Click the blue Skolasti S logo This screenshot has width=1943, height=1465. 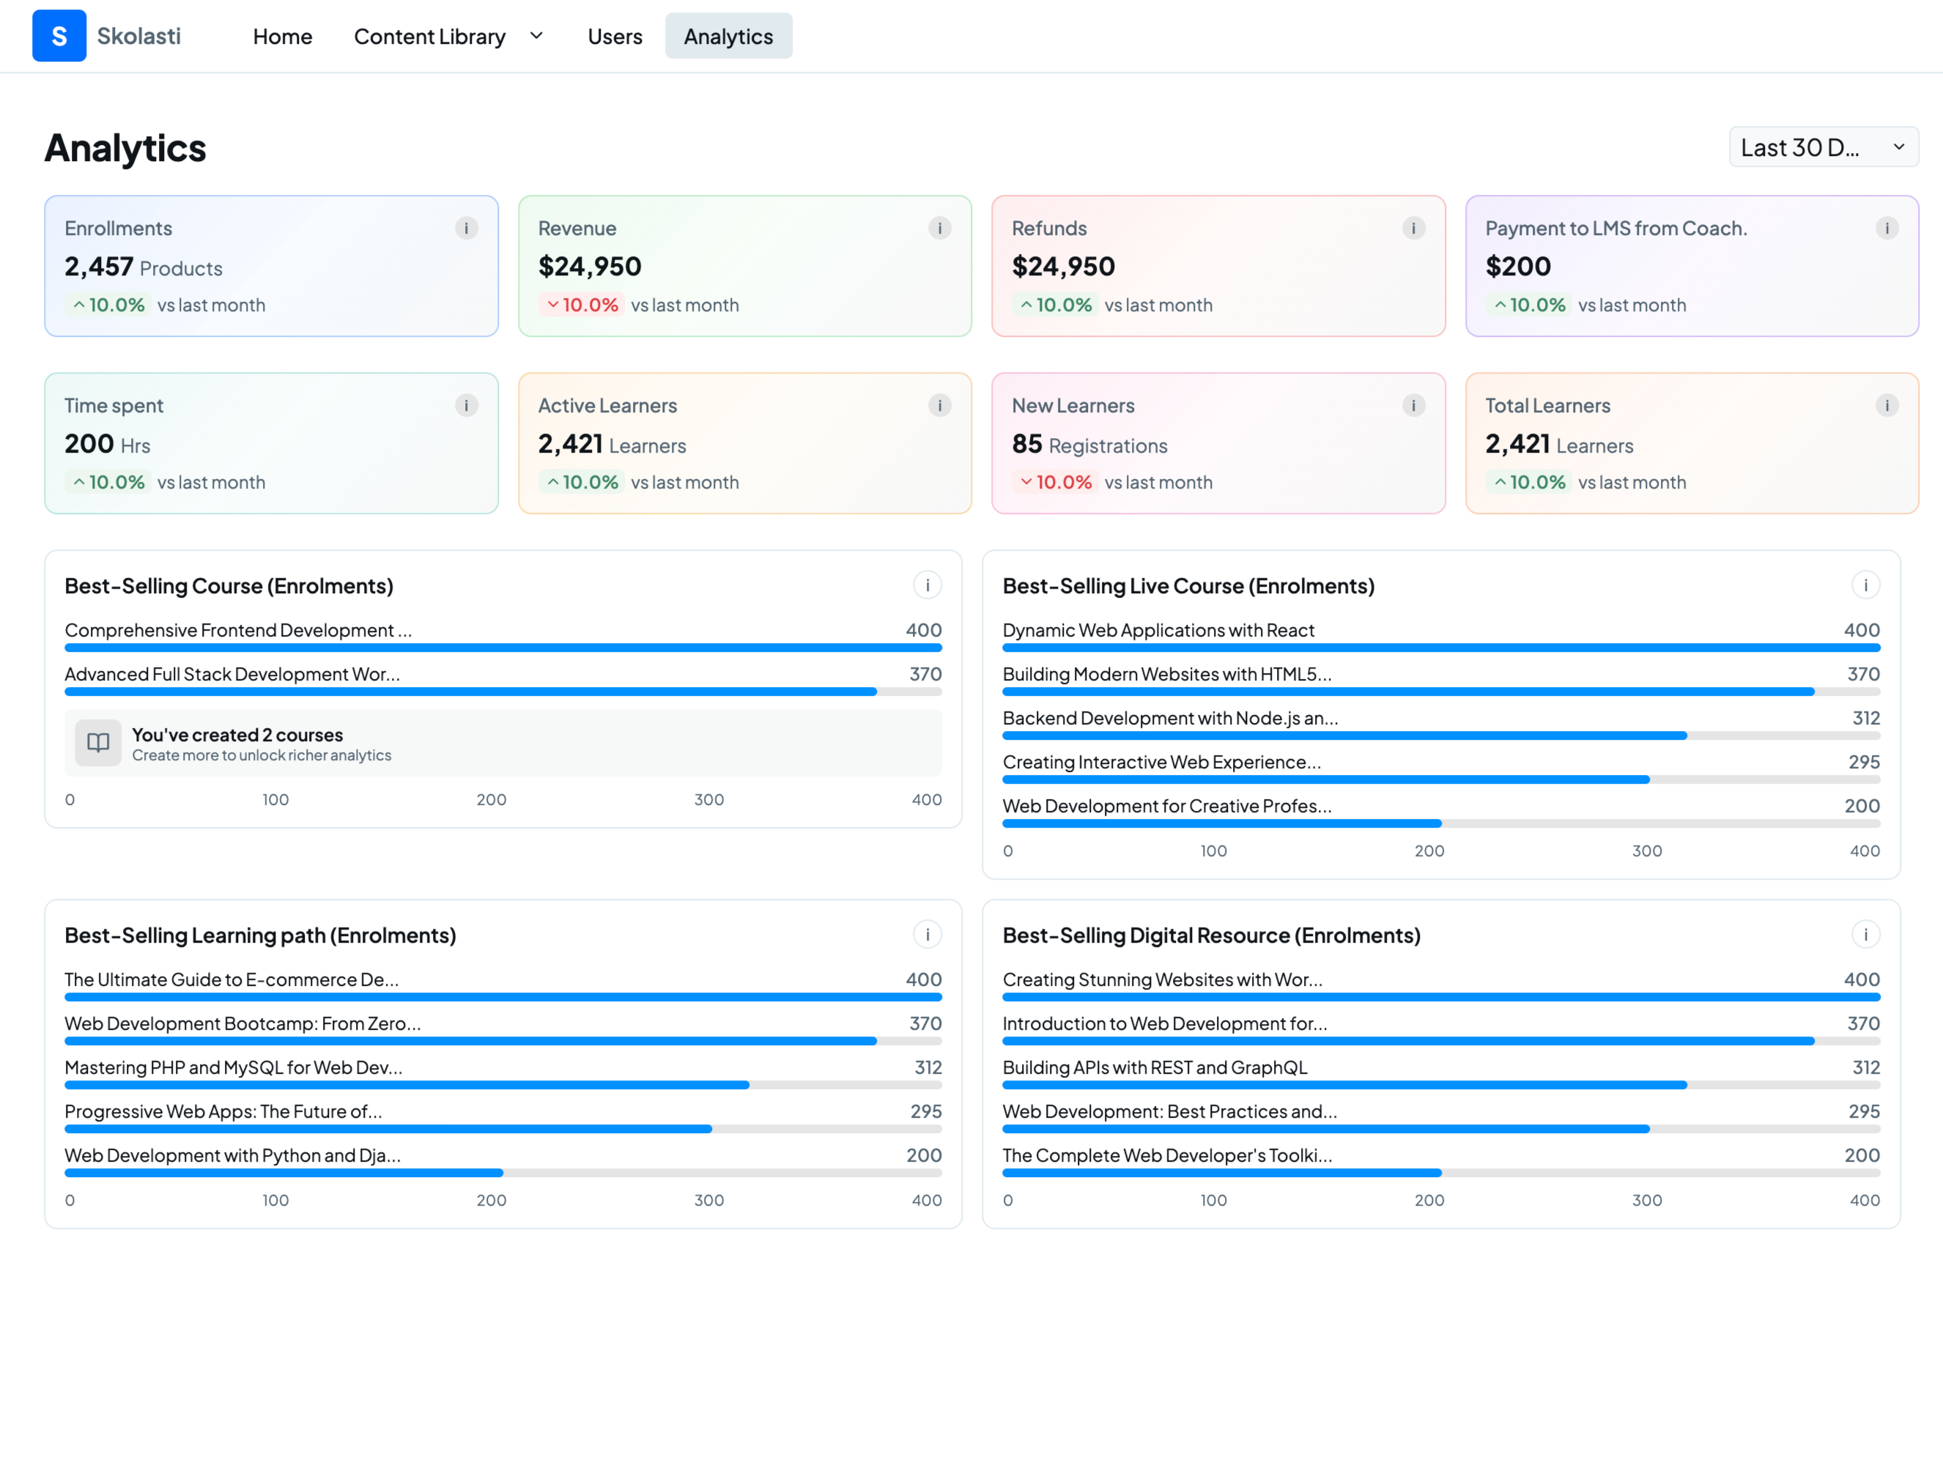click(59, 36)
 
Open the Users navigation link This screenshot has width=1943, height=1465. click(615, 36)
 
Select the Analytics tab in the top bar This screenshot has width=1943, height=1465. click(728, 36)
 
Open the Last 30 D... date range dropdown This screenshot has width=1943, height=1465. click(1824, 146)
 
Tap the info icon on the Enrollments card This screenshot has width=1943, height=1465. click(467, 229)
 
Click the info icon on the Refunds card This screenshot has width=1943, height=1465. click(1413, 229)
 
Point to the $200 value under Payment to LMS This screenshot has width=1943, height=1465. click(1518, 266)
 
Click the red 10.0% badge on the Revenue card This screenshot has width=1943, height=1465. click(582, 305)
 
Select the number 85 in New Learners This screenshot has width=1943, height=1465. click(1027, 444)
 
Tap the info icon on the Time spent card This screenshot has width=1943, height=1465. click(467, 406)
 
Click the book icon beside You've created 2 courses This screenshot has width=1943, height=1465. click(98, 743)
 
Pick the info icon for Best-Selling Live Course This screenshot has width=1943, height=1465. click(1865, 585)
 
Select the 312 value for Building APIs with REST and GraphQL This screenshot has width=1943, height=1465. click(1865, 1067)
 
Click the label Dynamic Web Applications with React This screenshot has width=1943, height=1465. click(1158, 630)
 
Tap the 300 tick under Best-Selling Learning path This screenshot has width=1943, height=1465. click(709, 1200)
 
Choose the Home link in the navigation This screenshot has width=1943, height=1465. click(283, 36)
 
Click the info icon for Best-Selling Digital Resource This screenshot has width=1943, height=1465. click(1865, 935)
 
